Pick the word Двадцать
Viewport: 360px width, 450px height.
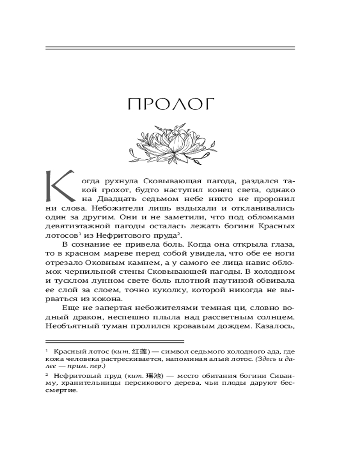click(x=114, y=199)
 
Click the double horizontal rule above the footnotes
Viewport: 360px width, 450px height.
click(x=115, y=342)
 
